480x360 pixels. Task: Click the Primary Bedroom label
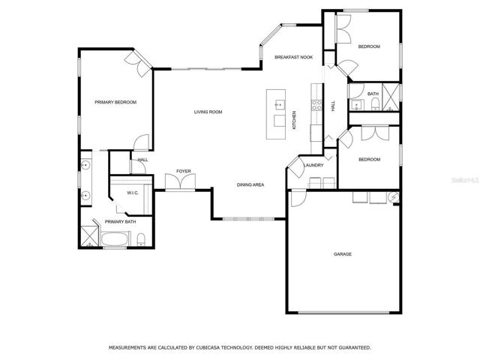pos(115,102)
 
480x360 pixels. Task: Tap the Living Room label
pos(208,112)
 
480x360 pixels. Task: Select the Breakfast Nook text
pos(293,57)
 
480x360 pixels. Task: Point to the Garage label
pos(343,254)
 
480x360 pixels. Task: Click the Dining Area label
pos(250,185)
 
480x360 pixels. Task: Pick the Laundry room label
pos(313,165)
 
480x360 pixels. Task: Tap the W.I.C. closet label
pos(133,193)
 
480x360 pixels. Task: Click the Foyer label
pos(184,171)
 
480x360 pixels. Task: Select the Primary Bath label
pos(120,222)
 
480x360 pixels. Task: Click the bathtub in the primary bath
pos(115,238)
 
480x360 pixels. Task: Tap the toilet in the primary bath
pos(141,240)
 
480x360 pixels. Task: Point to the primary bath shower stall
pos(89,236)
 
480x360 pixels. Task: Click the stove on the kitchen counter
pos(316,105)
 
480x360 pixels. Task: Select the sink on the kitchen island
pos(279,105)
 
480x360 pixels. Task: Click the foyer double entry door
pos(180,181)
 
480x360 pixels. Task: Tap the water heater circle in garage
pos(394,197)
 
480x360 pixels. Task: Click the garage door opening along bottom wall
pos(343,313)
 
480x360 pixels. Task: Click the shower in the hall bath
pos(391,97)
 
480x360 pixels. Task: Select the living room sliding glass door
pos(207,69)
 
